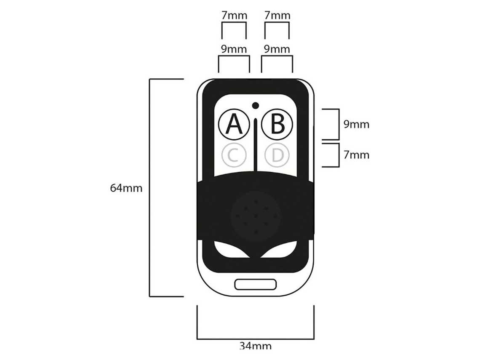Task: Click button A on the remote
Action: tap(232, 123)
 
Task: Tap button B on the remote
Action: tap(277, 123)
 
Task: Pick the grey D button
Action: tap(277, 155)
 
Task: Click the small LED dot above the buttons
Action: tap(255, 105)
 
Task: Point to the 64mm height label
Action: tap(126, 188)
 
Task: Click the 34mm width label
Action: tap(256, 346)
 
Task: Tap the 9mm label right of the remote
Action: tap(356, 124)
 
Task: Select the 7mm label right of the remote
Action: tap(356, 155)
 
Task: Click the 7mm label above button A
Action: tap(234, 16)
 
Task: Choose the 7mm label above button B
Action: tap(277, 16)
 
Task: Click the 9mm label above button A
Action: tap(234, 49)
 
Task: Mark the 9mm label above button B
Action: tap(277, 49)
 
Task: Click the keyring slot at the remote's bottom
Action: tap(255, 284)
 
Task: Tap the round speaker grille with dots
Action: tap(256, 216)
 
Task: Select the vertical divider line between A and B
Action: tap(256, 143)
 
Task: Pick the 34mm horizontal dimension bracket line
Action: tap(256, 338)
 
